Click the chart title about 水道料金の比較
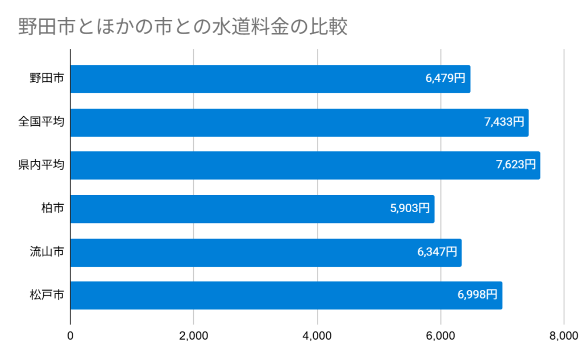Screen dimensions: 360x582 [x=182, y=27]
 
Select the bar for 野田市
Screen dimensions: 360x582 [x=270, y=79]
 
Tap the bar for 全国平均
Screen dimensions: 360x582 [x=299, y=122]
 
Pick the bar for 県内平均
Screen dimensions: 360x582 [x=305, y=165]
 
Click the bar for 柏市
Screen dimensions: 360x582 [x=252, y=209]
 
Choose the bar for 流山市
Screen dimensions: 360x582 [x=265, y=253]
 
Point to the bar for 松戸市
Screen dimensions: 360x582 [x=286, y=295]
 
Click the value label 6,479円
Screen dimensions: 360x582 [x=446, y=79]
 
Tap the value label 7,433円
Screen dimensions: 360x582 [x=504, y=122]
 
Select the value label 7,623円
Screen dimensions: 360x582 [x=516, y=165]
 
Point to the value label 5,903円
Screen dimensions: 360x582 [x=410, y=209]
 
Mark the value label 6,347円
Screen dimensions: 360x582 [x=437, y=253]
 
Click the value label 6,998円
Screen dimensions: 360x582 [x=477, y=295]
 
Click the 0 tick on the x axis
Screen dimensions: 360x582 [x=70, y=336]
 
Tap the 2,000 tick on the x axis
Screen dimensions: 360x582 [x=194, y=336]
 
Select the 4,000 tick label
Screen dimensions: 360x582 [x=317, y=336]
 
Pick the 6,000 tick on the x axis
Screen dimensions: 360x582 [x=440, y=336]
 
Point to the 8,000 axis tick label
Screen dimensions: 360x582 [x=563, y=336]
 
